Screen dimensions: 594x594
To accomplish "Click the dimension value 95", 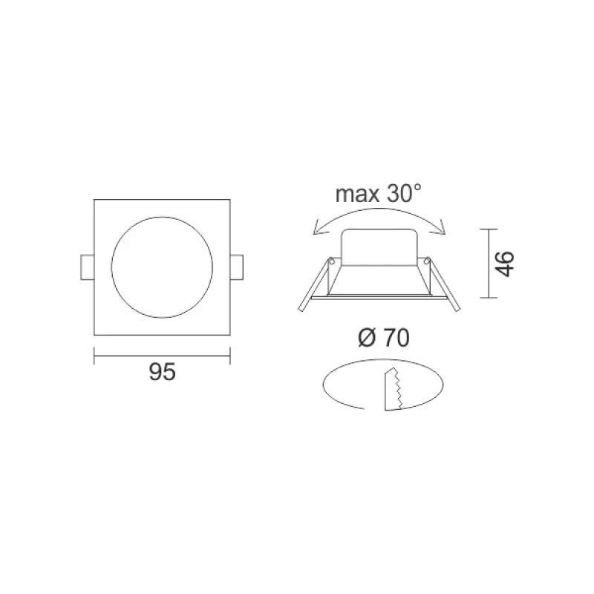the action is tap(162, 372).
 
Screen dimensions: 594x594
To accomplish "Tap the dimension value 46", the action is tap(505, 264).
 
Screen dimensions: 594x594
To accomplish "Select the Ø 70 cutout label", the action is tap(384, 338).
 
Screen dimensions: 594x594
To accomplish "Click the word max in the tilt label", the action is tap(357, 194).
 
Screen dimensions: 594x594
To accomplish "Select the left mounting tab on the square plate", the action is tap(87, 267).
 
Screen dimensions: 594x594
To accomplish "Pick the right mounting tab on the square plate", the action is tap(237, 267).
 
